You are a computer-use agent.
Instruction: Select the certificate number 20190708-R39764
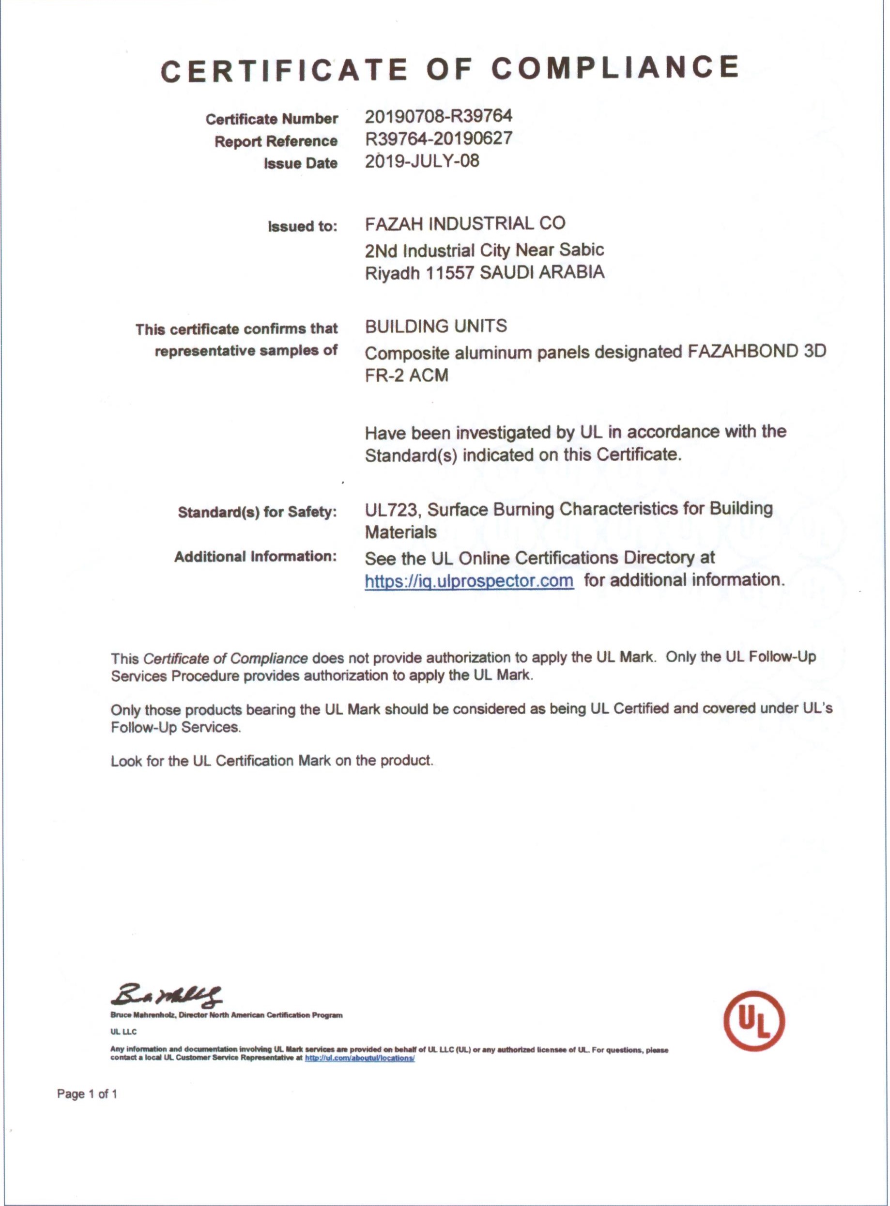point(439,116)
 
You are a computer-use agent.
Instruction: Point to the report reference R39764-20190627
point(439,139)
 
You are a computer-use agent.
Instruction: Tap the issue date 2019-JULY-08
point(422,161)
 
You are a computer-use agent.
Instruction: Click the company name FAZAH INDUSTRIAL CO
point(465,223)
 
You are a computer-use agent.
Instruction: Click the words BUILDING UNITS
point(436,326)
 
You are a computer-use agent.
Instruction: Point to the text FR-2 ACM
point(406,375)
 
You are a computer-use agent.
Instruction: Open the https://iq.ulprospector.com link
point(469,581)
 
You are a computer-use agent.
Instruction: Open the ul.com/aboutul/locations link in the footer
point(359,1058)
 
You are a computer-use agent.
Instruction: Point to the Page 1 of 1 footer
point(87,1094)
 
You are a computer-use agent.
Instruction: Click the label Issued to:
point(302,226)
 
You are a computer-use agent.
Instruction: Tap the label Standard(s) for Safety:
point(257,512)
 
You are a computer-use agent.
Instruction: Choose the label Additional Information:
point(255,556)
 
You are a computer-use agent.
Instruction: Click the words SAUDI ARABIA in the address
point(542,272)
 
